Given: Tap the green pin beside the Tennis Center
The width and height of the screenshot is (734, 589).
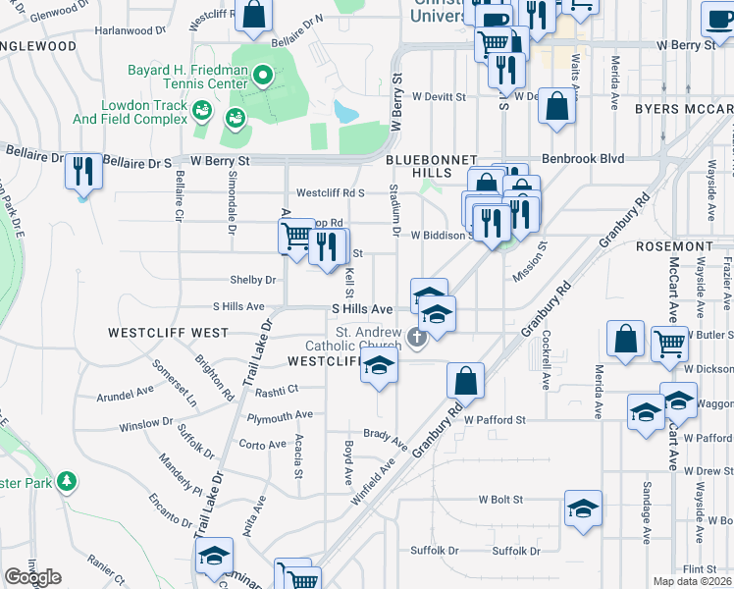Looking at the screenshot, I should [x=262, y=75].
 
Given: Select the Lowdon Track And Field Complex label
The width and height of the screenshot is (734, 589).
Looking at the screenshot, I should [x=130, y=113].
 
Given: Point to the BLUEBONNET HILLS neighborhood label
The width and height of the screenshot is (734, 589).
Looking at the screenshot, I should [x=431, y=166].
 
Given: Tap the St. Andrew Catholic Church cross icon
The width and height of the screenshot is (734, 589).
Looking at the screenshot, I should [x=417, y=339].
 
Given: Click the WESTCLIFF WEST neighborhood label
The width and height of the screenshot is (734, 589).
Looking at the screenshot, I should [x=168, y=333].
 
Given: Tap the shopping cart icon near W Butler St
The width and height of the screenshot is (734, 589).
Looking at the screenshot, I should [x=669, y=344].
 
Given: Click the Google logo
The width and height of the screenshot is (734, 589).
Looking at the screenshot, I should [x=32, y=577].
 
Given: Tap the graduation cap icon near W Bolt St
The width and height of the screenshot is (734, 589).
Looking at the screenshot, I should [x=583, y=508].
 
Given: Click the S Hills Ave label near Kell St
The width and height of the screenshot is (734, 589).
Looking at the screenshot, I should [x=360, y=308].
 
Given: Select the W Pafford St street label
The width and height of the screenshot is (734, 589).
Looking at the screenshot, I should [x=496, y=419].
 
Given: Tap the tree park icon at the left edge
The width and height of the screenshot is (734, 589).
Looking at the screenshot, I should [x=67, y=481].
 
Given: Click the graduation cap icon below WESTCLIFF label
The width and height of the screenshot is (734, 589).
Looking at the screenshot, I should [x=377, y=367].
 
